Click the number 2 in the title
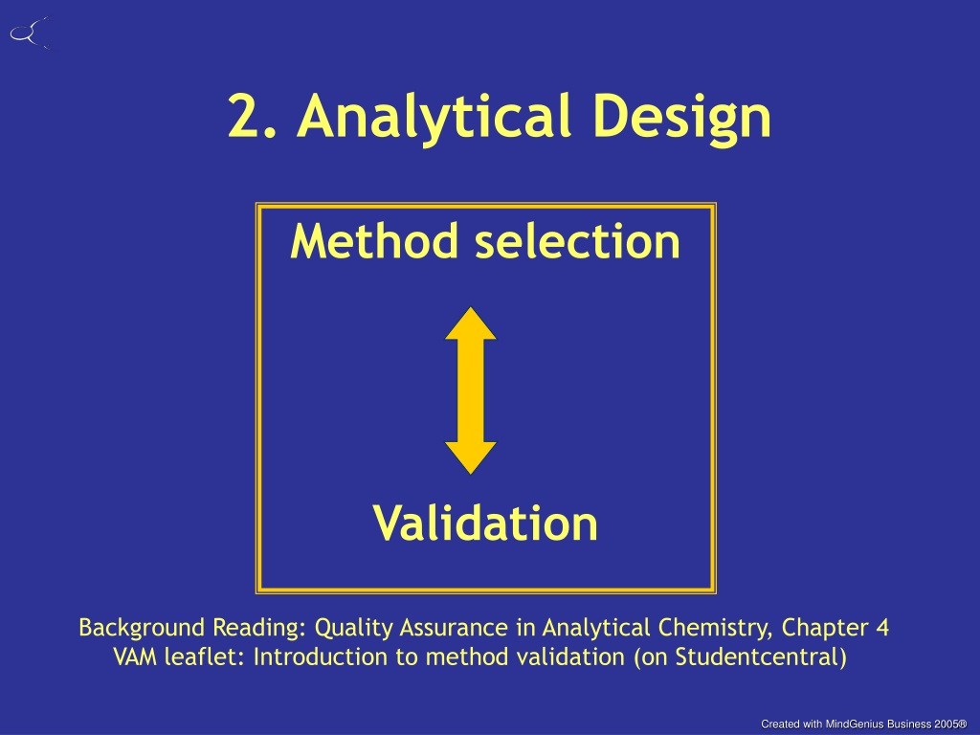243,116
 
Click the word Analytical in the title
434,118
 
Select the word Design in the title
681,118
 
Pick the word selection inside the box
577,241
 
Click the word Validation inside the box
485,523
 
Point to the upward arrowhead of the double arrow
471,323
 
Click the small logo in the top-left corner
30,33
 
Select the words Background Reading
191,627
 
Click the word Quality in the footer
353,628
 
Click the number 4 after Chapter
881,627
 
